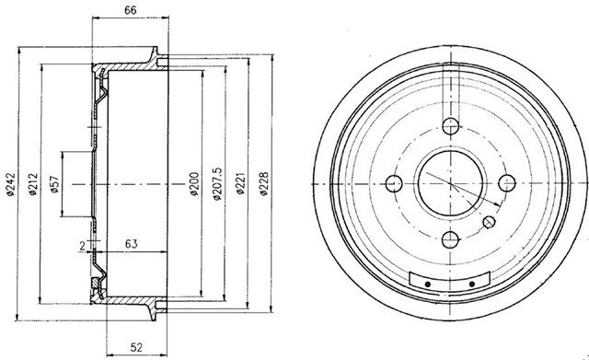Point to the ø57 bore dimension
point(54,185)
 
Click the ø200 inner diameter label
point(194,184)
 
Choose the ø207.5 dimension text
point(217,185)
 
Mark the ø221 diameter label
point(241,185)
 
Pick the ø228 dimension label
point(265,185)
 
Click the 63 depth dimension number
point(133,244)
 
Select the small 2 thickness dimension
point(82,245)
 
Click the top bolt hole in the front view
point(451,127)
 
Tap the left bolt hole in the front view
point(394,182)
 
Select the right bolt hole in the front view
point(508,182)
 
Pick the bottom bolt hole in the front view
point(451,240)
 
